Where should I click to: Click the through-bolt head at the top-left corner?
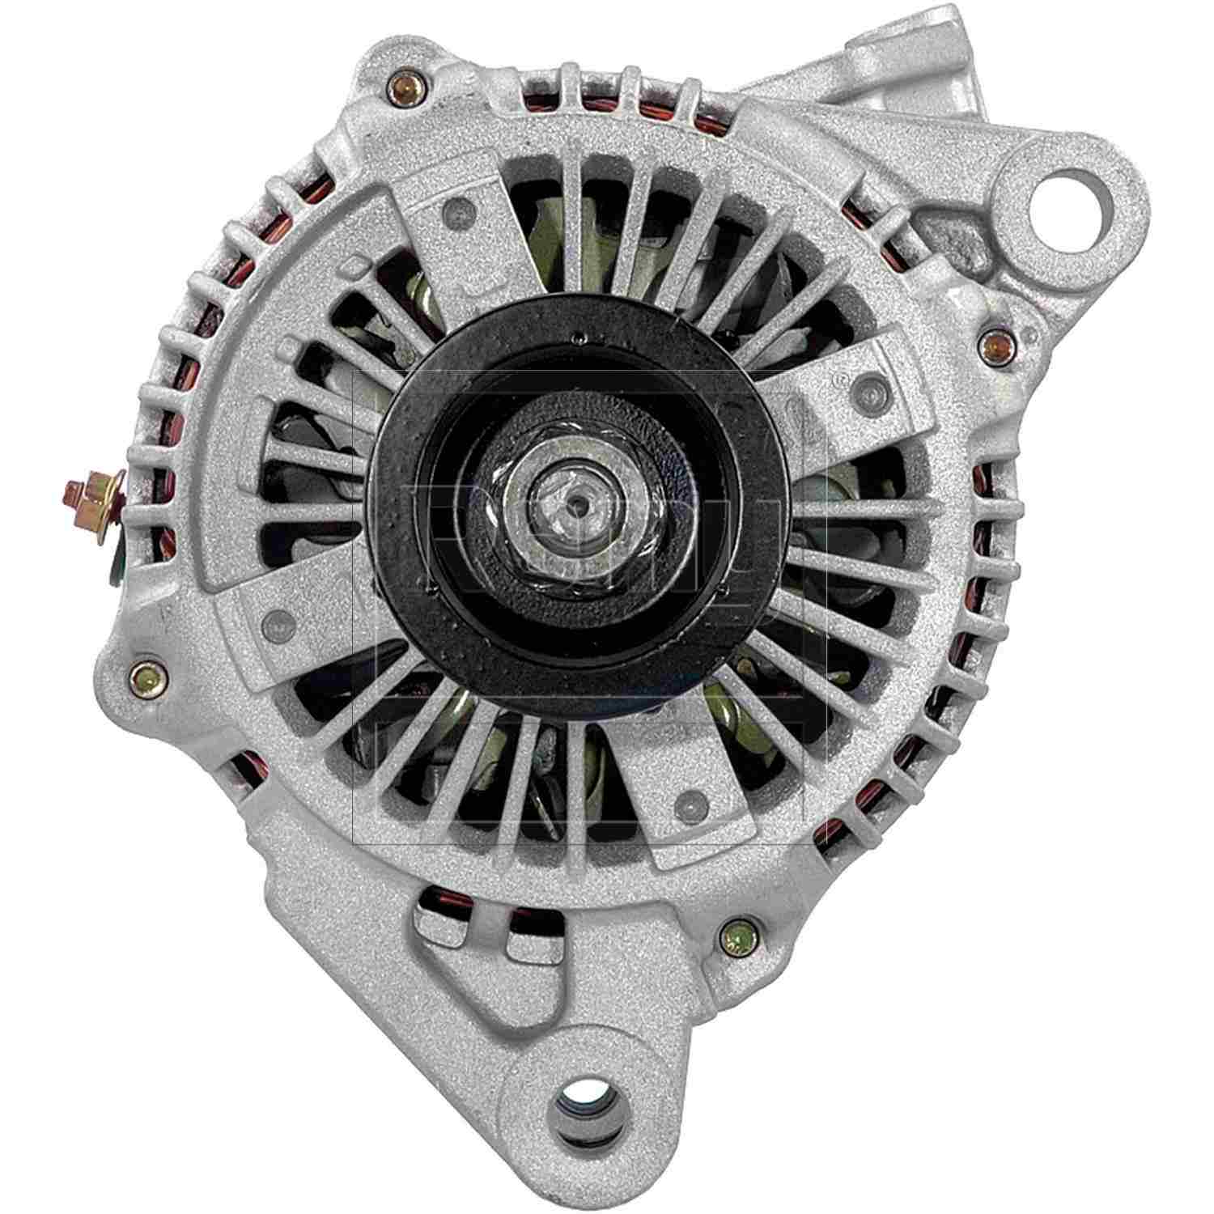point(402,89)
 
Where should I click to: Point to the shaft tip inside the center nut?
point(574,503)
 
